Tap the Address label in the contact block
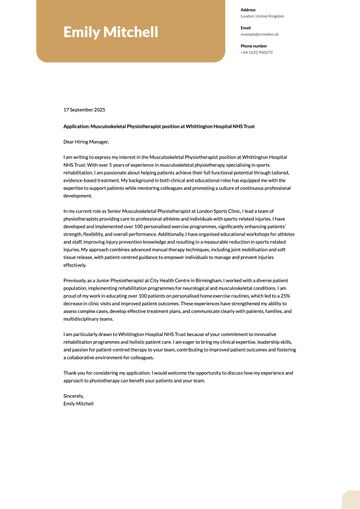point(248,9)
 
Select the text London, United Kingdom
point(262,16)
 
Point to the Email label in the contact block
point(245,27)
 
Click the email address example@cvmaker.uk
point(260,34)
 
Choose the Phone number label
point(254,46)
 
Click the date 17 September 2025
point(84,109)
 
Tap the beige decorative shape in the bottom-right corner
point(346,497)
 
